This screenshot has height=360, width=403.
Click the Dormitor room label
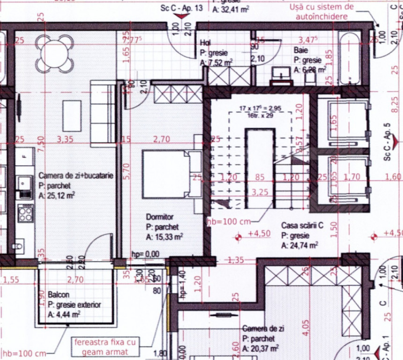(160, 217)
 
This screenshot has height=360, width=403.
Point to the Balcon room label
(59, 295)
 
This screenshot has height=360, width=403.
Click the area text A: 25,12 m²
(60, 195)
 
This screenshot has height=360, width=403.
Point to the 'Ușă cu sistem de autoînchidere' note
(321, 12)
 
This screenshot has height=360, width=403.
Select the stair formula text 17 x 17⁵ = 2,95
(260, 109)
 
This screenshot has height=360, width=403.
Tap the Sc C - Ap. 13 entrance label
(181, 8)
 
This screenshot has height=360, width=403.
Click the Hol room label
(205, 43)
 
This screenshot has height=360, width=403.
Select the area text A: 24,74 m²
(300, 245)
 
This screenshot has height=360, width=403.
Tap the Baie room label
(301, 49)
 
